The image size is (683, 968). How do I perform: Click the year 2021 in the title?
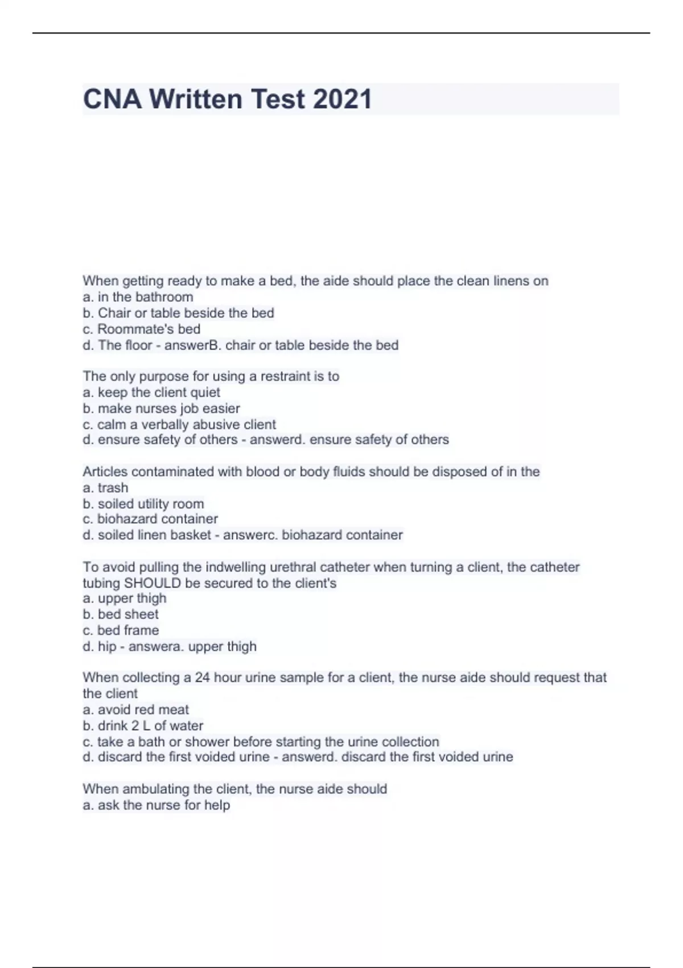342,99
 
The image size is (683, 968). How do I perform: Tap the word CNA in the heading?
112,99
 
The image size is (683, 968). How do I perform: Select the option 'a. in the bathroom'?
138,297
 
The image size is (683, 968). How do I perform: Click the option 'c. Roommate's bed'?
141,329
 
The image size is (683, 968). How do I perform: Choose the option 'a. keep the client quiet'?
151,392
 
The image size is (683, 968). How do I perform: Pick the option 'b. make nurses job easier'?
161,408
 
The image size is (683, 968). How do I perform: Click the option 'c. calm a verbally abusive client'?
179,424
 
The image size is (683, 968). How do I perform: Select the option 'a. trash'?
105,487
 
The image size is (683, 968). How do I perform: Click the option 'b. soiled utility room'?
143,503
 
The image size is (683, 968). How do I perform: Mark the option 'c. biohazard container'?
150,519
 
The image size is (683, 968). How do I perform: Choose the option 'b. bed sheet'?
121,614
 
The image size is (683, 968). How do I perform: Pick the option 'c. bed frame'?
121,630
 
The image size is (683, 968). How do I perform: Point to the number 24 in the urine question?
203,677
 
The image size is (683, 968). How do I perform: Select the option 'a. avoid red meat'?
135,709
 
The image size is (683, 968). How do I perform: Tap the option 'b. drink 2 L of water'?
143,725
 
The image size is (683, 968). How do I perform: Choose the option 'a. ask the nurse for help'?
156,805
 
